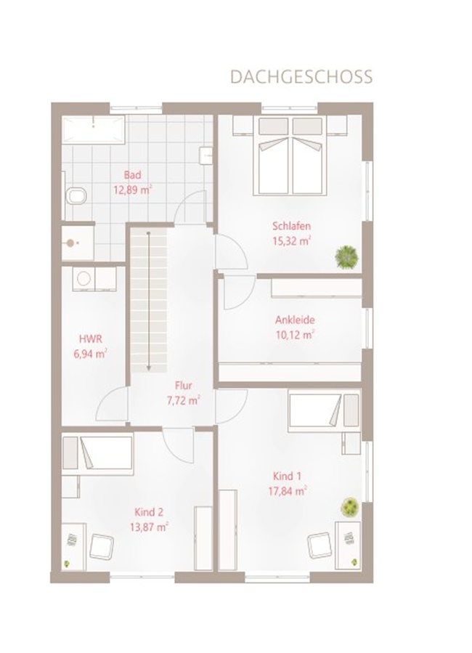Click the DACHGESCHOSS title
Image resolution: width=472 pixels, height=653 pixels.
click(301, 78)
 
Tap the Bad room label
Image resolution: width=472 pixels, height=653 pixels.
click(132, 175)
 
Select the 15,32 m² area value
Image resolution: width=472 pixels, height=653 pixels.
click(292, 241)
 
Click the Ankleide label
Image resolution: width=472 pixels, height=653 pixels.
click(295, 320)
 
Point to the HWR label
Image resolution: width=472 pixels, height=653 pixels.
click(90, 339)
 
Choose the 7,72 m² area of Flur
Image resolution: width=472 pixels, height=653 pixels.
click(184, 401)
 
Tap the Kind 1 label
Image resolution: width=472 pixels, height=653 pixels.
click(288, 476)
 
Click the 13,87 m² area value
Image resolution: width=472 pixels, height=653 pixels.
click(149, 527)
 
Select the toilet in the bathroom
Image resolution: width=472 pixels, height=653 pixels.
click(76, 195)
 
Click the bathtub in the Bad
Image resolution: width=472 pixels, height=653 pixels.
click(93, 129)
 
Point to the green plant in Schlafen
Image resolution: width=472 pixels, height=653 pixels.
click(346, 256)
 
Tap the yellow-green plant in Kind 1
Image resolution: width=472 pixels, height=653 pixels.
click(349, 507)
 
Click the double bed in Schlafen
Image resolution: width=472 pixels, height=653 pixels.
click(290, 155)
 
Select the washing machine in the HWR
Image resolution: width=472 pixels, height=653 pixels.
click(84, 279)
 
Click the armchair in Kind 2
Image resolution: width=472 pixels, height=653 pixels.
click(102, 546)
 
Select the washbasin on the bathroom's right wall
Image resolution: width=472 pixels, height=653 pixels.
click(206, 155)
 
